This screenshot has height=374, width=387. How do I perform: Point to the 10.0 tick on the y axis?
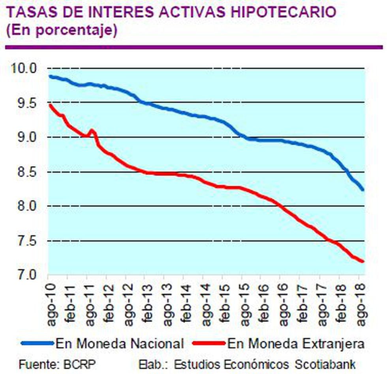pyautogui.click(x=25, y=68)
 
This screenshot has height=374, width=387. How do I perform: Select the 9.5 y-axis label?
pyautogui.click(x=25, y=103)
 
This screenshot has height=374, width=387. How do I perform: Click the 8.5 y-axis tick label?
pyautogui.click(x=25, y=172)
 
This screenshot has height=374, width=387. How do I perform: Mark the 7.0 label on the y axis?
pyautogui.click(x=25, y=274)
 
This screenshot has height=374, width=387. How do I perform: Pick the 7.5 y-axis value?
pyautogui.click(x=25, y=241)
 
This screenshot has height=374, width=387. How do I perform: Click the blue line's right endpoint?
pyautogui.click(x=362, y=190)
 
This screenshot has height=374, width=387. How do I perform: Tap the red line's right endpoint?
pyautogui.click(x=362, y=261)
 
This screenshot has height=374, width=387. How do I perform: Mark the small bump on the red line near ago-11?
pyautogui.click(x=92, y=130)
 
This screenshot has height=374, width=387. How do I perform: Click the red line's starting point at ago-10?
pyautogui.click(x=49, y=105)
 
